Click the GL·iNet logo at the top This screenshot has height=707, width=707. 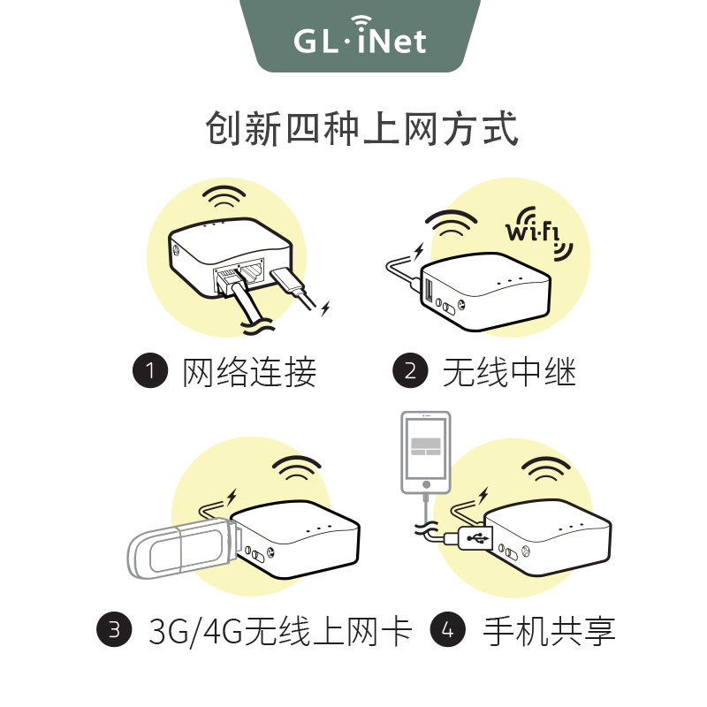click(361, 39)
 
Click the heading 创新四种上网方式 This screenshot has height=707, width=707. click(361, 130)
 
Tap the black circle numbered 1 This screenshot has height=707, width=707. click(150, 371)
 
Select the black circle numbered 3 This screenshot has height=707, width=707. click(114, 630)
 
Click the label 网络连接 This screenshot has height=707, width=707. click(249, 372)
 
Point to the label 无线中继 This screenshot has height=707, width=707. click(509, 372)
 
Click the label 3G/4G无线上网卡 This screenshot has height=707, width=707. click(280, 631)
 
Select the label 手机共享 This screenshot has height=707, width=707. click(549, 631)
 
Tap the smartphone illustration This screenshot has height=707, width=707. click(426, 451)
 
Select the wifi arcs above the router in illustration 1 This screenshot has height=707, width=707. click(224, 196)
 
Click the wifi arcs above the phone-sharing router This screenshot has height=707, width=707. click(545, 470)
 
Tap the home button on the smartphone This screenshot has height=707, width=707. click(426, 484)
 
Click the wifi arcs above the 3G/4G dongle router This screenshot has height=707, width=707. click(296, 468)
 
